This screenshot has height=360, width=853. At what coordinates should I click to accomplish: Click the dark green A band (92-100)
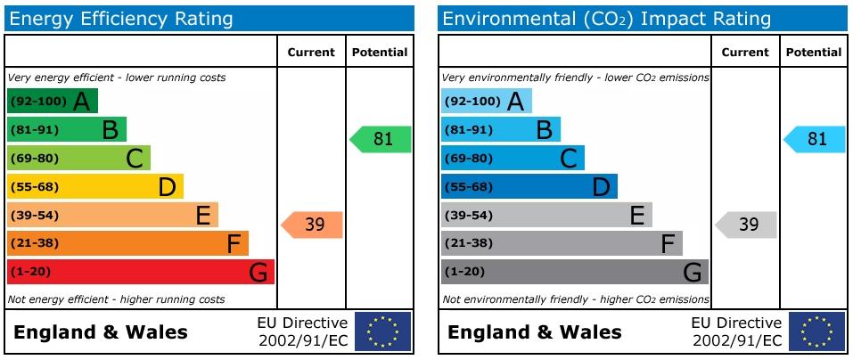pyautogui.click(x=52, y=101)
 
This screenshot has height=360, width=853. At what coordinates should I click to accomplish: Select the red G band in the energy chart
pyautogui.click(x=140, y=272)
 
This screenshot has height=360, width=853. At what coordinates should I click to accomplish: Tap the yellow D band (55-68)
pyautogui.click(x=94, y=186)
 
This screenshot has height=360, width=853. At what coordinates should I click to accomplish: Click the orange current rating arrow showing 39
pyautogui.click(x=313, y=225)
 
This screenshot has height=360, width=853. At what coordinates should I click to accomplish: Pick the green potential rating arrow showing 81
pyautogui.click(x=381, y=139)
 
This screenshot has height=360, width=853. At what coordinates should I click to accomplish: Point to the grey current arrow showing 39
pyautogui.click(x=747, y=225)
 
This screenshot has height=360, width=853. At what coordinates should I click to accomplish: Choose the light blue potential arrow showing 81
pyautogui.click(x=816, y=139)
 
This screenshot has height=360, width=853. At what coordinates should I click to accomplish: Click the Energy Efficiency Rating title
pyautogui.click(x=120, y=19)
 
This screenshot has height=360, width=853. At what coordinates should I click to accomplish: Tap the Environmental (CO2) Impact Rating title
pyautogui.click(x=606, y=19)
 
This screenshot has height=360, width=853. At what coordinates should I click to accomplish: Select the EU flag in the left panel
pyautogui.click(x=382, y=331)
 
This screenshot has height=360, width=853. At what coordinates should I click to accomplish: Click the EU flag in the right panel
pyautogui.click(x=816, y=331)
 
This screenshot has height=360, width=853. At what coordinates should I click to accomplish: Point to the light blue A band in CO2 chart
pyautogui.click(x=486, y=101)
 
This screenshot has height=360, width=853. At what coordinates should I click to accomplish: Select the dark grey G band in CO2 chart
pyautogui.click(x=574, y=272)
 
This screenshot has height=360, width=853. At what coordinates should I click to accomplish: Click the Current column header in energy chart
pyautogui.click(x=311, y=53)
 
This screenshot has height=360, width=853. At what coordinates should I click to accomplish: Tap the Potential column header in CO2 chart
pyautogui.click(x=813, y=53)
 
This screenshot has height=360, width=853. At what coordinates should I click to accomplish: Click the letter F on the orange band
pyautogui.click(x=234, y=243)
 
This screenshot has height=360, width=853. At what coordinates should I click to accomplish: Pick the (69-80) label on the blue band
pyautogui.click(x=468, y=159)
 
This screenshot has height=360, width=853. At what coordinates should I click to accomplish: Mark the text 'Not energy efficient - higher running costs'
pyautogui.click(x=116, y=299)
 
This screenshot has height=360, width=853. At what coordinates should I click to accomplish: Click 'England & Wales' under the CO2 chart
pyautogui.click(x=534, y=332)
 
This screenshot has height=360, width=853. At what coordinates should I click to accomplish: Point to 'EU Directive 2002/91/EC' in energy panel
pyautogui.click(x=301, y=331)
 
